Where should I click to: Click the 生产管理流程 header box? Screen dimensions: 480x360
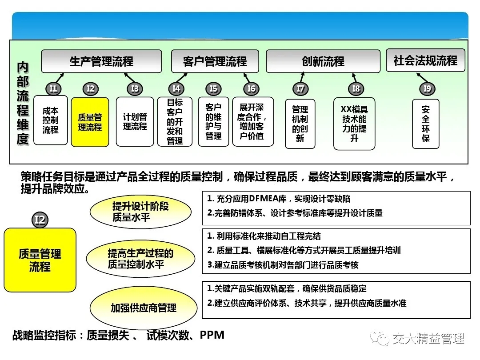tap(101, 61)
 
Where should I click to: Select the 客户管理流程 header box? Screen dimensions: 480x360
tap(215, 61)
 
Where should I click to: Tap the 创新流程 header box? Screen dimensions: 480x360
tap(323, 61)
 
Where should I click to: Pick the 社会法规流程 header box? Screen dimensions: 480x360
tap(425, 60)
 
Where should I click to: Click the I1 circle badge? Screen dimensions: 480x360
tap(53, 89)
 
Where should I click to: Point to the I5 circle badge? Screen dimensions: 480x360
tap(213, 89)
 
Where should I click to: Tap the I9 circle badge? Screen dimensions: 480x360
tap(427, 89)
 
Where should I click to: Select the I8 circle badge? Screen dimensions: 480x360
tap(356, 89)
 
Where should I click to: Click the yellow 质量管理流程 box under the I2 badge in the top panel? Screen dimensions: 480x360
tap(90, 122)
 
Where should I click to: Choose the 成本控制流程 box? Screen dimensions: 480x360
tap(51, 120)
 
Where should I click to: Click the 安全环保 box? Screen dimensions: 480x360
tap(425, 124)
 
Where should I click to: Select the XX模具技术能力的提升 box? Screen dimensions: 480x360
tap(354, 124)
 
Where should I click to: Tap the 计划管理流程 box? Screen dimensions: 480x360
tap(135, 121)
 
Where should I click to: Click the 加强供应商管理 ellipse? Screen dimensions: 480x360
tap(144, 308)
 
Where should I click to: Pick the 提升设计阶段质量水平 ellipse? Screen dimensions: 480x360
tap(140, 212)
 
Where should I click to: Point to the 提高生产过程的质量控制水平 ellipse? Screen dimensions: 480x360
tap(140, 259)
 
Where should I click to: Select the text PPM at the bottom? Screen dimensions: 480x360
tap(212, 335)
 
